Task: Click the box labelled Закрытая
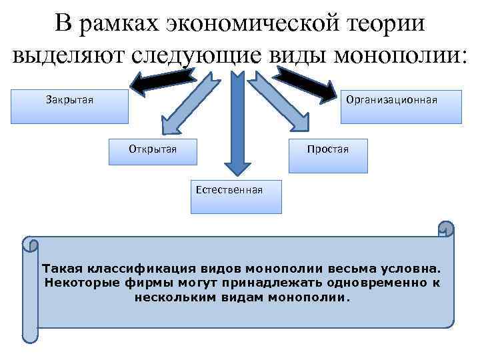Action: pyautogui.click(x=69, y=107)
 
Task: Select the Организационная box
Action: pyautogui.click(x=401, y=107)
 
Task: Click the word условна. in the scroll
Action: pyautogui.click(x=407, y=269)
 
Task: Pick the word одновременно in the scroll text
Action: pyautogui.click(x=377, y=283)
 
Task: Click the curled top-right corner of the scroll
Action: pyautogui.click(x=445, y=229)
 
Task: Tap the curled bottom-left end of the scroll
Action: pyautogui.click(x=30, y=334)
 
